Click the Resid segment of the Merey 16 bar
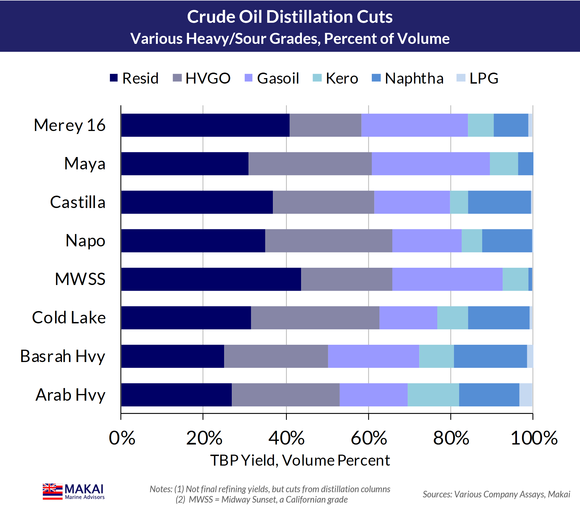point(205,125)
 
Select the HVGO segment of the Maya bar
point(310,164)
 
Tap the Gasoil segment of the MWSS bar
point(447,279)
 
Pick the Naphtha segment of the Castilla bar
point(499,202)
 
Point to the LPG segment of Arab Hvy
point(525,395)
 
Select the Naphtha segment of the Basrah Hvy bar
point(490,356)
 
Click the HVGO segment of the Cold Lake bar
point(315,318)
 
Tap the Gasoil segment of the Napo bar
point(427,241)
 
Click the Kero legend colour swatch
point(317,78)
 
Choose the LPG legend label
point(484,78)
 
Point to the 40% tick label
point(286,438)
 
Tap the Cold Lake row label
point(69,317)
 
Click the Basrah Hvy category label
point(62,356)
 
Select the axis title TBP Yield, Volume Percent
point(300,460)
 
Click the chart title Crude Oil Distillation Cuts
point(290,17)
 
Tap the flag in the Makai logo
point(53,491)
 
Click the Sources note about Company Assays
point(496,494)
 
